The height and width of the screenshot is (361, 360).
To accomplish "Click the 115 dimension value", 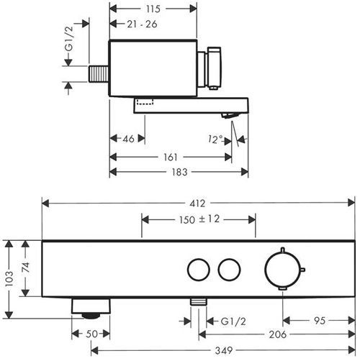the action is [153, 9].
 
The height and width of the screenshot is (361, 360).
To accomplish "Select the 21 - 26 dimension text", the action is [142, 24].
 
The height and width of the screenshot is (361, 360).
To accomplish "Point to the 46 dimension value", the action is [128, 139].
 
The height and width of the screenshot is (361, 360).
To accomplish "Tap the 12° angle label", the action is [215, 140].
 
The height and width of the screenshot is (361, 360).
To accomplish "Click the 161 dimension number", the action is [171, 157].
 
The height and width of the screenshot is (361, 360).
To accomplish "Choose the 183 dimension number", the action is [179, 172].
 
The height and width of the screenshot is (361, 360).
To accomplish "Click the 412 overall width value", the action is [197, 204].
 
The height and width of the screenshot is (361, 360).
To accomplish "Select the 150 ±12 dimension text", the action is [199, 219].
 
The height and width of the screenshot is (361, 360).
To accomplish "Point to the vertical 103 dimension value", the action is [9, 278].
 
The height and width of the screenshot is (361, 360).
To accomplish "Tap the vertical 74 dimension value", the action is [25, 268].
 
